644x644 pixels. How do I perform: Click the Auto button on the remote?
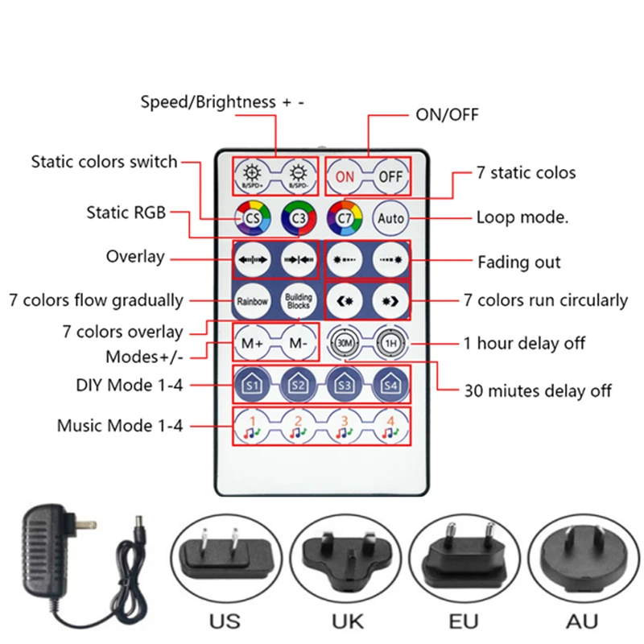(x=391, y=217)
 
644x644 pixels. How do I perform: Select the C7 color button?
(x=345, y=217)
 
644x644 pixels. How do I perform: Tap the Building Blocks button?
(x=298, y=302)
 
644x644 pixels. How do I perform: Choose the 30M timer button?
(x=345, y=344)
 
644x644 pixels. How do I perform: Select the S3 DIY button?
(x=345, y=385)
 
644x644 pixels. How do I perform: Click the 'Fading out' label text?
(x=519, y=262)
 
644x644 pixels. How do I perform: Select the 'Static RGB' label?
(x=126, y=213)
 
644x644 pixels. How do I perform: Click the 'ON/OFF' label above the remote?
(x=447, y=114)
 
